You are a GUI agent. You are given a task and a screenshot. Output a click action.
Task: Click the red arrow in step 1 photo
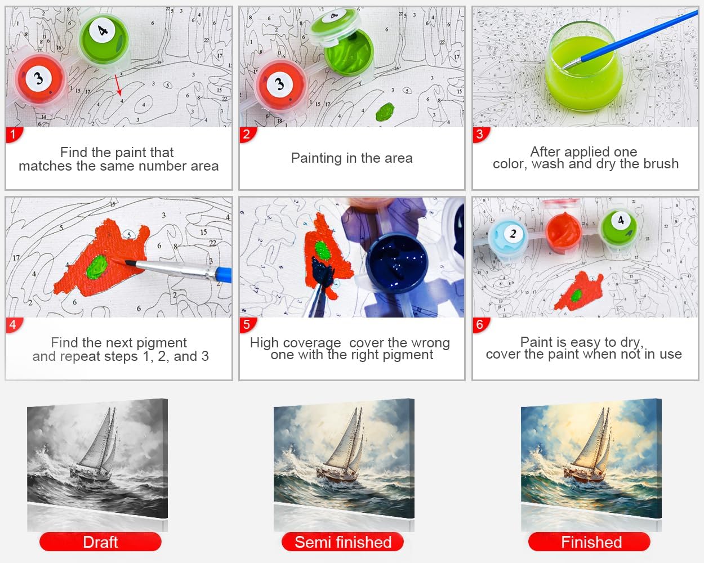coord(118,84)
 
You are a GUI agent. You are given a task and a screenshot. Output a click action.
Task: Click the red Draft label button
coord(100,542)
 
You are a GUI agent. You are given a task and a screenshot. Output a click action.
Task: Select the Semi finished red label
coord(343,542)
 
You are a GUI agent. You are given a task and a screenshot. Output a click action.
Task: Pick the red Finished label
coord(589,542)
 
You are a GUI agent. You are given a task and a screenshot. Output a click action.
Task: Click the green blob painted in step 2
coord(385,111)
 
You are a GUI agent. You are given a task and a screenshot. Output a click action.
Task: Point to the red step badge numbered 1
coord(14,135)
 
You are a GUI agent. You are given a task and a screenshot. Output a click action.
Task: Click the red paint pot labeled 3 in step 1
coord(39,79)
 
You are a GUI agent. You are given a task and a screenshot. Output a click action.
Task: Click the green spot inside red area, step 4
coord(96,267)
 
